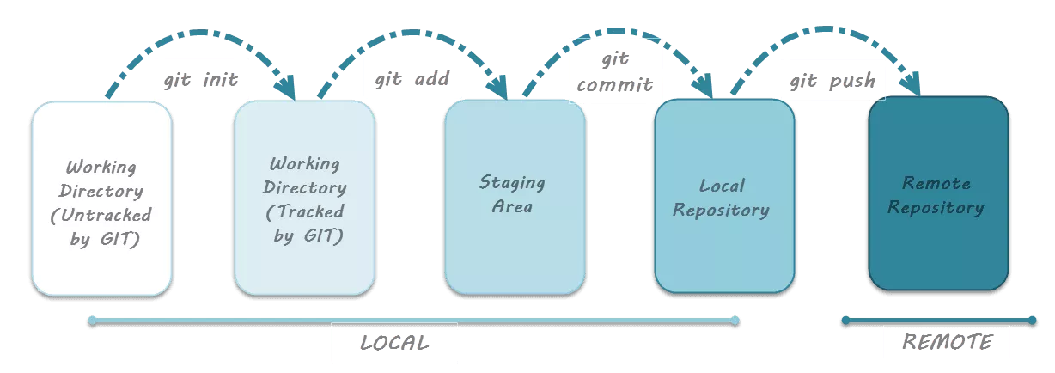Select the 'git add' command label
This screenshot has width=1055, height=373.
pos(412,79)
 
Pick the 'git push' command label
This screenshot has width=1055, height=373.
pos(832,79)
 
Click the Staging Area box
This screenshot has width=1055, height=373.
pos(515,197)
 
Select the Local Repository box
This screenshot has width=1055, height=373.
pos(724,197)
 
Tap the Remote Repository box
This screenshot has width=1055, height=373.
pos(937,194)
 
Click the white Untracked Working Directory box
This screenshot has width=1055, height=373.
pos(101,199)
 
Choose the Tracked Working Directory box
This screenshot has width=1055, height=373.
pos(304,199)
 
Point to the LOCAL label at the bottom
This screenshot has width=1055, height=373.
pos(393,343)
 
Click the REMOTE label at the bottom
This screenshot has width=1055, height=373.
pos(946,342)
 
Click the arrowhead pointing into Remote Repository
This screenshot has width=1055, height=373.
pos(912,87)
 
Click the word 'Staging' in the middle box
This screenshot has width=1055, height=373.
pos(511,183)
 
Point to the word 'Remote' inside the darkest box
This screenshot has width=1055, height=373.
pos(936,183)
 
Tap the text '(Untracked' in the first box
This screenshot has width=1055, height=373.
pos(101,215)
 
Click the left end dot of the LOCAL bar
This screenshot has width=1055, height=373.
pos(92,321)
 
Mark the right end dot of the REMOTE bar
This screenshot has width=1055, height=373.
pos(1033,321)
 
